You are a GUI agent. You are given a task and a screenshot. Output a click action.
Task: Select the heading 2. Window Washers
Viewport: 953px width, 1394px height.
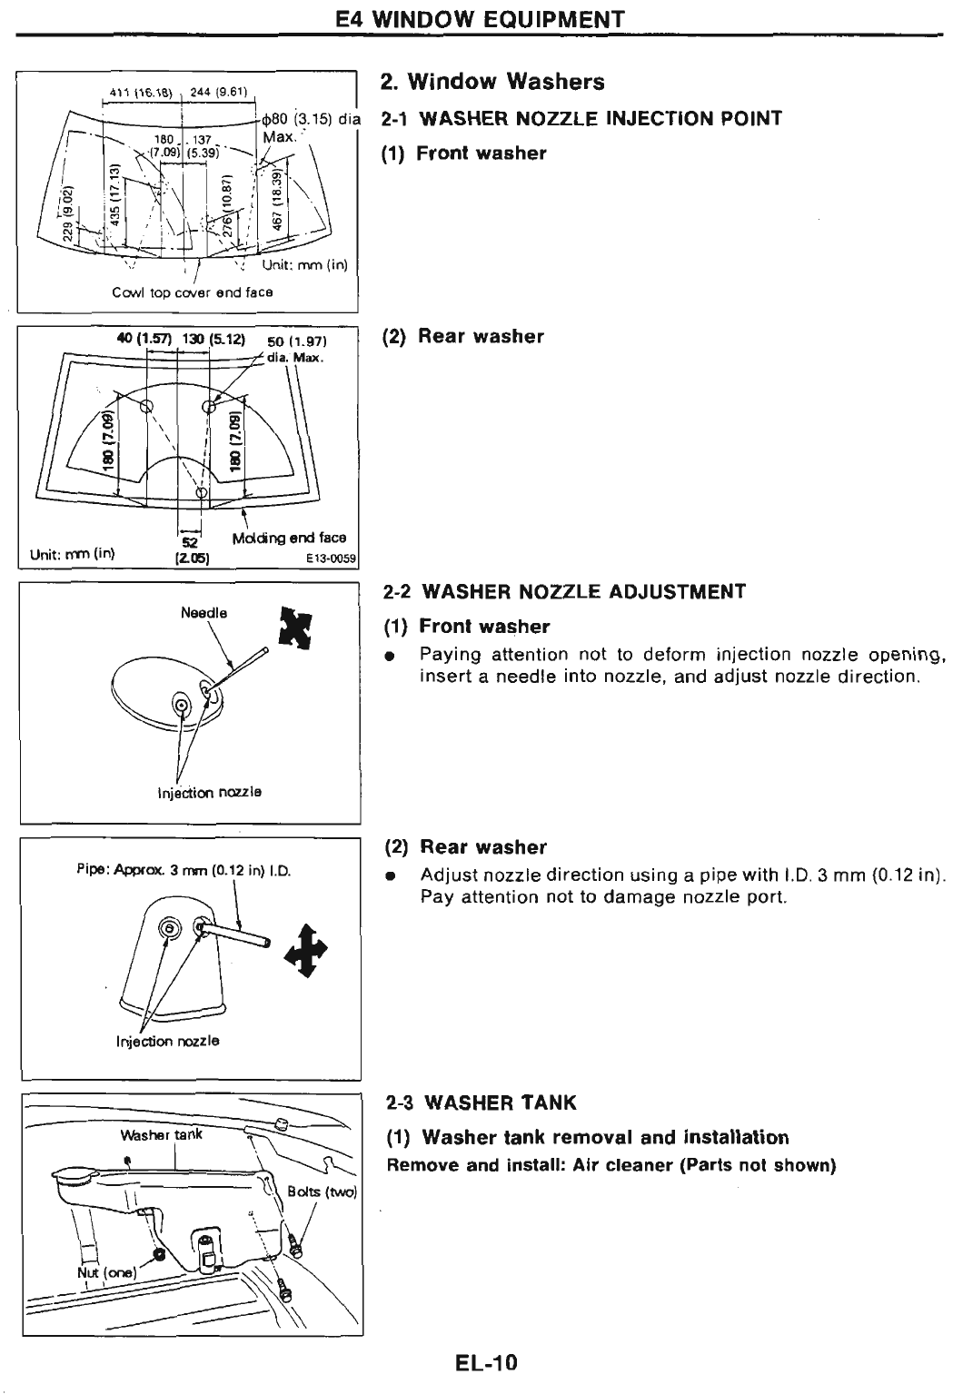click(x=492, y=82)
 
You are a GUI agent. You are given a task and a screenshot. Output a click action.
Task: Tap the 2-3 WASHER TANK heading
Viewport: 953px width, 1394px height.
click(x=481, y=1102)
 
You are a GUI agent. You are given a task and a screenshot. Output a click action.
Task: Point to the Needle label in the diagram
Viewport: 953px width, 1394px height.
click(x=204, y=613)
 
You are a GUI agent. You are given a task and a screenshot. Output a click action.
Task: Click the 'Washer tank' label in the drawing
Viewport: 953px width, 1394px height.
click(x=162, y=1134)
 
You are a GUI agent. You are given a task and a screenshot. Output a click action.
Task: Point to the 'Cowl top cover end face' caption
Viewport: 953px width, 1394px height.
click(x=193, y=292)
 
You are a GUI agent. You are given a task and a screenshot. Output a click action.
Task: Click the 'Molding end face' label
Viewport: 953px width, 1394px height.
click(x=289, y=538)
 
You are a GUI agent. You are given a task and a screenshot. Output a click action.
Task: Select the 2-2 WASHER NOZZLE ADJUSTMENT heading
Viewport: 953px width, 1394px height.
click(x=564, y=592)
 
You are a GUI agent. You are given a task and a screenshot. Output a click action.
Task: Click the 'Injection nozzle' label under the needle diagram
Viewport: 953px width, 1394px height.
click(x=210, y=792)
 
